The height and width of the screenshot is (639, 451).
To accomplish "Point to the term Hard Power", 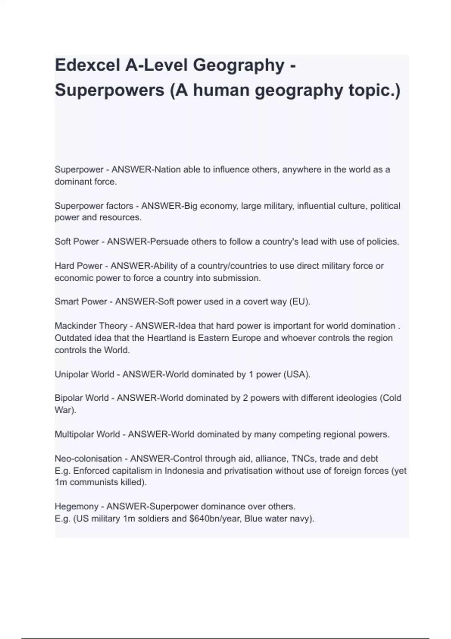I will point(78,266).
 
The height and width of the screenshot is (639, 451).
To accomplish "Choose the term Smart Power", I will point(81,302).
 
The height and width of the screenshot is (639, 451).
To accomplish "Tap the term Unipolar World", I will point(84,375).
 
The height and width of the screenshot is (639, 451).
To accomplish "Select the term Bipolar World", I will point(82,398).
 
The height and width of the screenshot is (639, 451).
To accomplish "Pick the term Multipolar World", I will point(87,435).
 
